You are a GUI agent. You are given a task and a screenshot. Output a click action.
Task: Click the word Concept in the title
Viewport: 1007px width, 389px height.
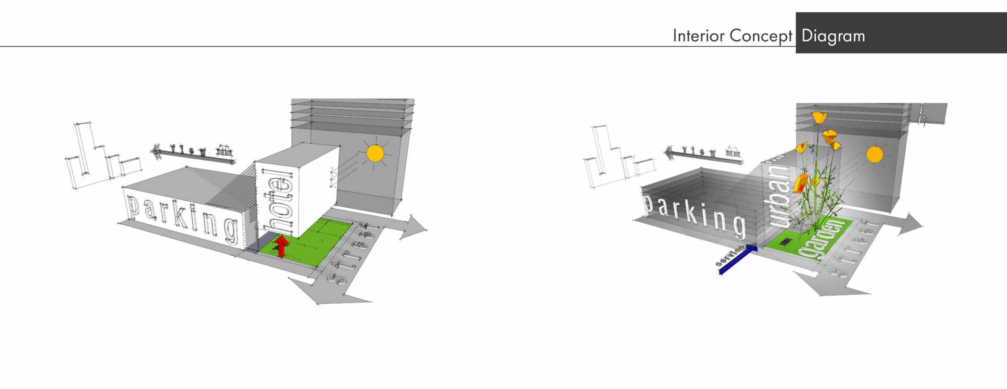tap(760, 36)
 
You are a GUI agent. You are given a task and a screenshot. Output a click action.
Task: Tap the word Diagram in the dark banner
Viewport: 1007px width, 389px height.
tap(833, 36)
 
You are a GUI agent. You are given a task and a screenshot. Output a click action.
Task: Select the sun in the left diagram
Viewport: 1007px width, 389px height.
tap(375, 154)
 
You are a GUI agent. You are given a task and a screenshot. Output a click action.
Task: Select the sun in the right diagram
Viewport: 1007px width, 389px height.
tap(874, 155)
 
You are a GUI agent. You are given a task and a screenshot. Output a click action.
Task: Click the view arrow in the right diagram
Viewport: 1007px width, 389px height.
tap(703, 156)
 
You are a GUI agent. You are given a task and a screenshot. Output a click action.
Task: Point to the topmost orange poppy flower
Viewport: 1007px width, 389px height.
tap(819, 118)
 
